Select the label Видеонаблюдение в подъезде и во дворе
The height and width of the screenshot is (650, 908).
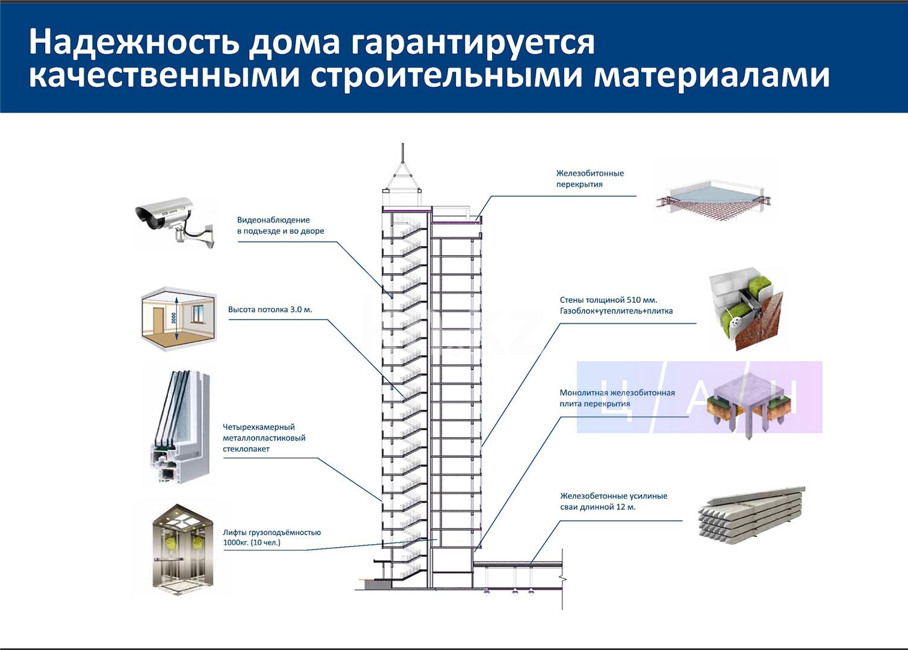point(280,226)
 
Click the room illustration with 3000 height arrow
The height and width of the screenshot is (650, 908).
point(178,319)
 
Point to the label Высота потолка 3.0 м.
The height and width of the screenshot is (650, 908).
point(270,310)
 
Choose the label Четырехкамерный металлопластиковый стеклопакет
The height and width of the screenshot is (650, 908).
point(264,438)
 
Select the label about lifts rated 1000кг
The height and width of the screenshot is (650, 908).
point(272,537)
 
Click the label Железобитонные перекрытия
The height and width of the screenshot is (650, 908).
point(589,179)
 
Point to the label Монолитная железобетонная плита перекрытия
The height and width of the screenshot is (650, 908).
point(617,398)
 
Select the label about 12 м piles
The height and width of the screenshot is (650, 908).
point(614,501)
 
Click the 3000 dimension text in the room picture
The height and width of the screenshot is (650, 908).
point(173,317)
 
